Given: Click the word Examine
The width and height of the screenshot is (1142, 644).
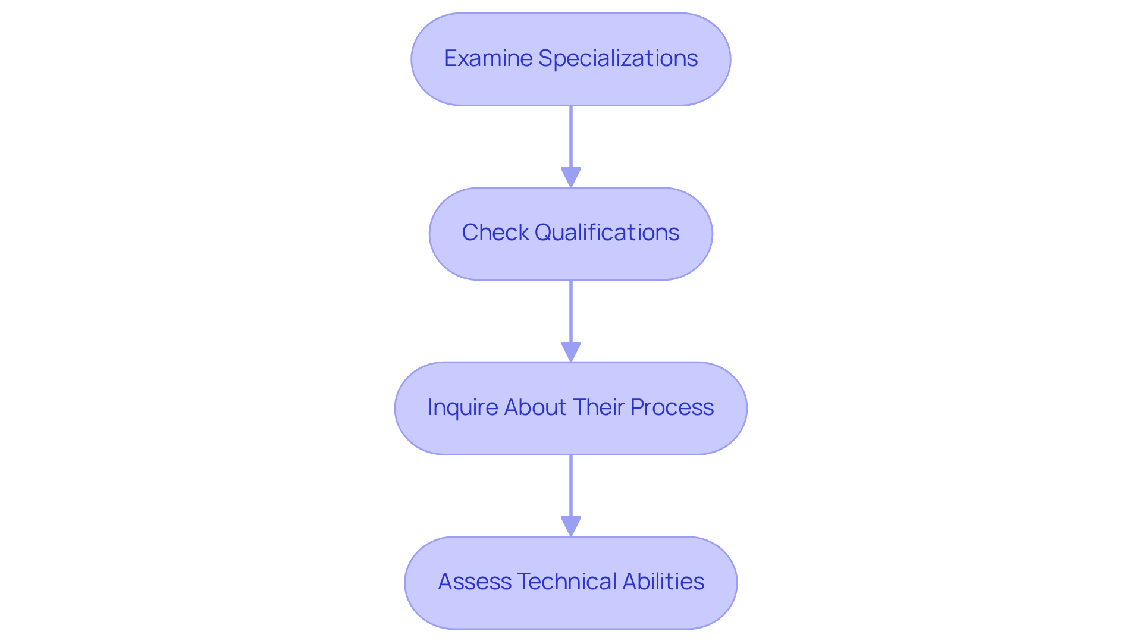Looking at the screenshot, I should pyautogui.click(x=488, y=58).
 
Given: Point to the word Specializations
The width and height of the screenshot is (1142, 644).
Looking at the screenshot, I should pyautogui.click(x=618, y=58).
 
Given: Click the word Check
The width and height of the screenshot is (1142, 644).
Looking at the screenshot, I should pyautogui.click(x=495, y=233).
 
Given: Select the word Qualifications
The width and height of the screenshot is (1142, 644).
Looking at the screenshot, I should pyautogui.click(x=607, y=233).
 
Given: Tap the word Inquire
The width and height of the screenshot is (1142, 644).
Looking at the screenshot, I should pyautogui.click(x=462, y=407).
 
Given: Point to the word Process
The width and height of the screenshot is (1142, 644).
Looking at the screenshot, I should pyautogui.click(x=672, y=407).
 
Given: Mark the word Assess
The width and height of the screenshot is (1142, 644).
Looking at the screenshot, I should pyautogui.click(x=474, y=582).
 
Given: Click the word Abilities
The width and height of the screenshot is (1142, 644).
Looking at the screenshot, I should pyautogui.click(x=663, y=582).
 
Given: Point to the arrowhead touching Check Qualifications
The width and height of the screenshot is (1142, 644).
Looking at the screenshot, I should pyautogui.click(x=571, y=177).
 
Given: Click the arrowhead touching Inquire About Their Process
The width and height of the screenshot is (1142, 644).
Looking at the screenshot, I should pyautogui.click(x=571, y=352).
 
